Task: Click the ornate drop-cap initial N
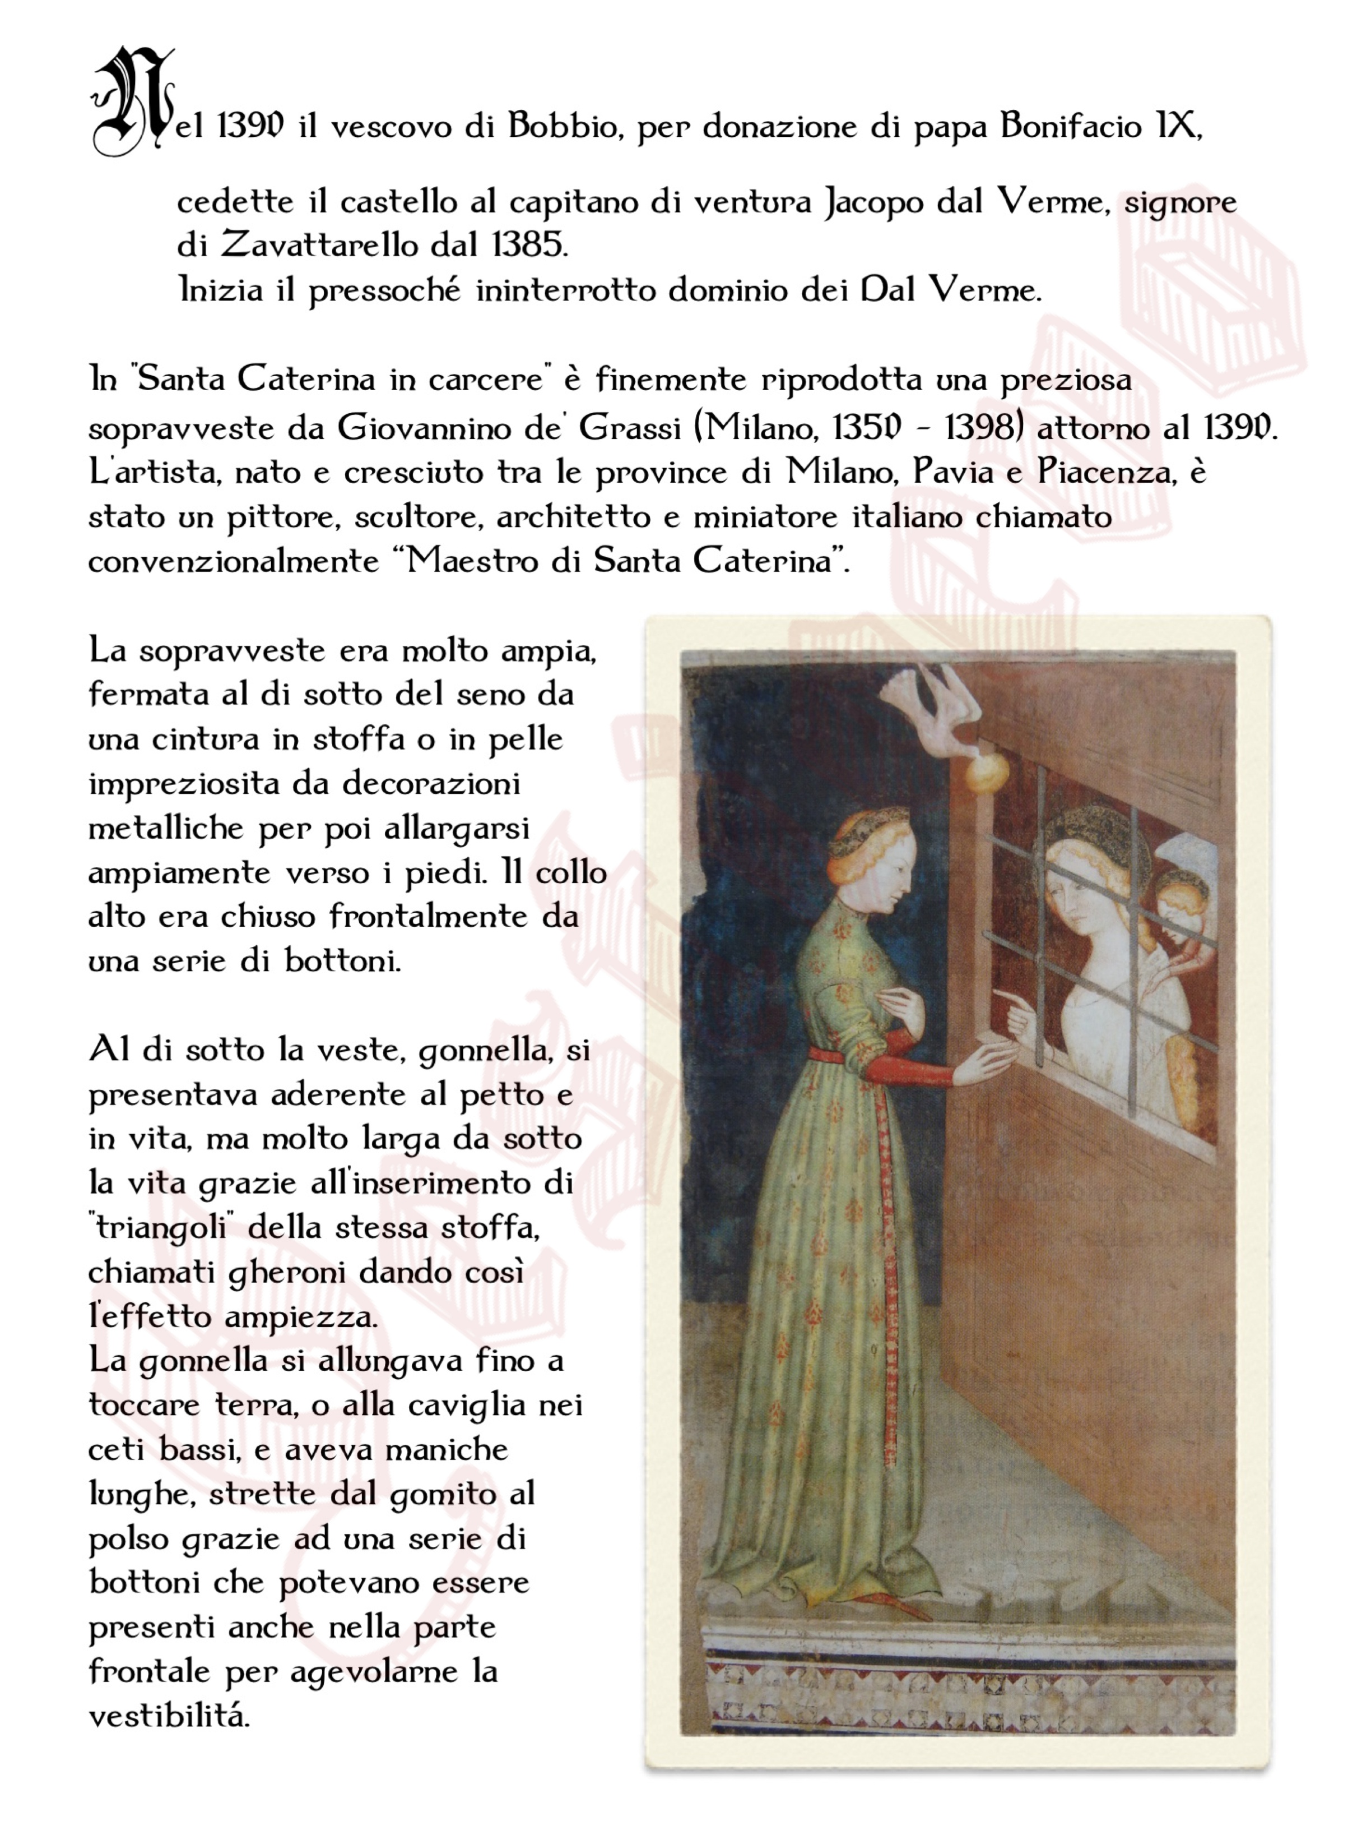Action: [x=132, y=101]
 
